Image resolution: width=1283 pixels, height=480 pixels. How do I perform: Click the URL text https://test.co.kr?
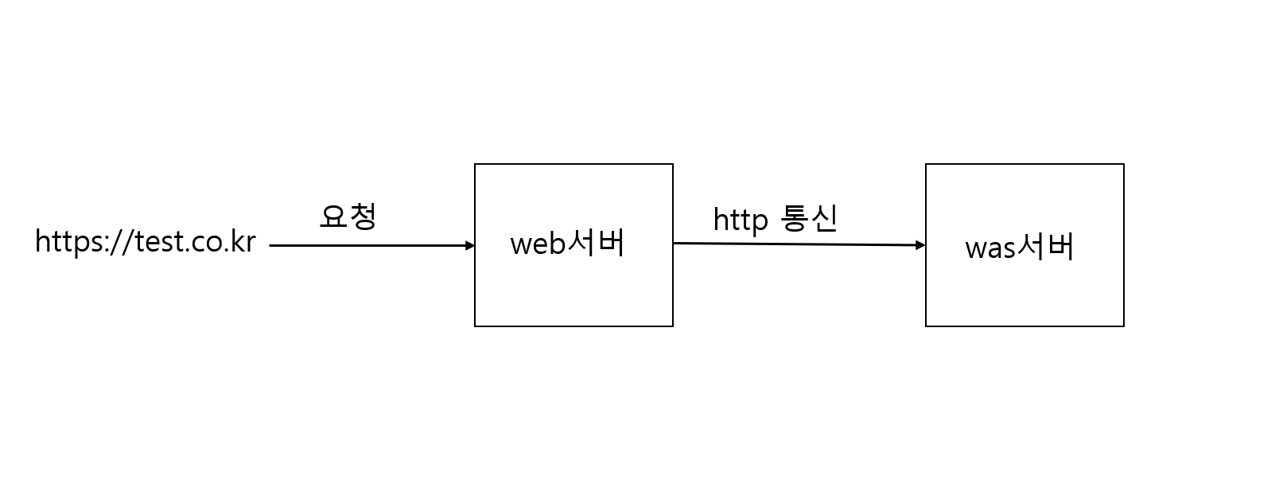pyautogui.click(x=146, y=241)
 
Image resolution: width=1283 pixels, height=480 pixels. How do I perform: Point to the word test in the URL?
pyautogui.click(x=158, y=241)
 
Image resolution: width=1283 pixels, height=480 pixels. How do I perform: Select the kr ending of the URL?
pyautogui.click(x=243, y=241)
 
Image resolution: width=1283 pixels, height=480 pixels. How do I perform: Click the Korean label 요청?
pyautogui.click(x=348, y=216)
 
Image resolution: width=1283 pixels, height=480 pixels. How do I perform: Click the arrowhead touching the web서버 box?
pyautogui.click(x=470, y=246)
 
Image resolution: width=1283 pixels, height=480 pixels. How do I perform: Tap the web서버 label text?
pyautogui.click(x=567, y=243)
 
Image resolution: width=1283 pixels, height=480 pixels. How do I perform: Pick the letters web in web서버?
pyautogui.click(x=537, y=244)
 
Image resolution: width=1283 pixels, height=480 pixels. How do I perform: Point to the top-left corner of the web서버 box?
pyautogui.click(x=475, y=165)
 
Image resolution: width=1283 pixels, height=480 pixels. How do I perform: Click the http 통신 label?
pyautogui.click(x=775, y=218)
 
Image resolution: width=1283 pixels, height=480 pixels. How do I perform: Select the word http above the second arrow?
pyautogui.click(x=740, y=220)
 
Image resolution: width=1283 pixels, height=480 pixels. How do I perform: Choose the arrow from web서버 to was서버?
pyautogui.click(x=795, y=244)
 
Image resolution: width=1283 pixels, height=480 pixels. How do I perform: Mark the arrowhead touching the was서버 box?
pyautogui.click(x=921, y=245)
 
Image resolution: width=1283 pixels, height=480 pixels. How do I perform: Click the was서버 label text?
pyautogui.click(x=1020, y=247)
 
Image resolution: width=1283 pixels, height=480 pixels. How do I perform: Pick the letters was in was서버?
pyautogui.click(x=990, y=248)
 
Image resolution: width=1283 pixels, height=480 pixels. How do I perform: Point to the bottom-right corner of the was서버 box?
pyautogui.click(x=1123, y=326)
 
